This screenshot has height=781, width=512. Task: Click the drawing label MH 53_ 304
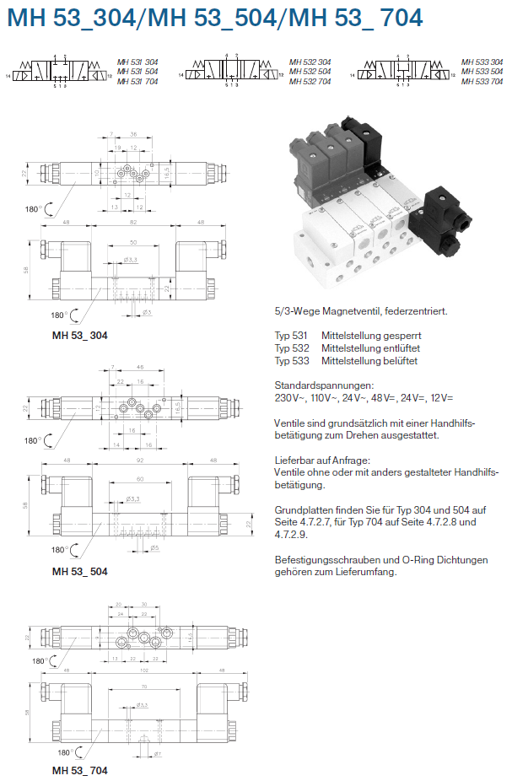click(x=79, y=335)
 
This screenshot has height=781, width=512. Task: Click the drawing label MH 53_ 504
click(x=79, y=571)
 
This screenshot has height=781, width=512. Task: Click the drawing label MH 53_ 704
click(x=79, y=770)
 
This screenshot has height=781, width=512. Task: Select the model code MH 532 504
click(x=310, y=72)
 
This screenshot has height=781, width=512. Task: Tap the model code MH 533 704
click(x=482, y=81)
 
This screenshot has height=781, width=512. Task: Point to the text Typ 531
click(x=292, y=336)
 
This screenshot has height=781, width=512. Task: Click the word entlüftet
click(x=401, y=348)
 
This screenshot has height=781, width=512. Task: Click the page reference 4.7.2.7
click(x=309, y=522)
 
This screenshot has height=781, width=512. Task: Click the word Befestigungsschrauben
click(x=330, y=559)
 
